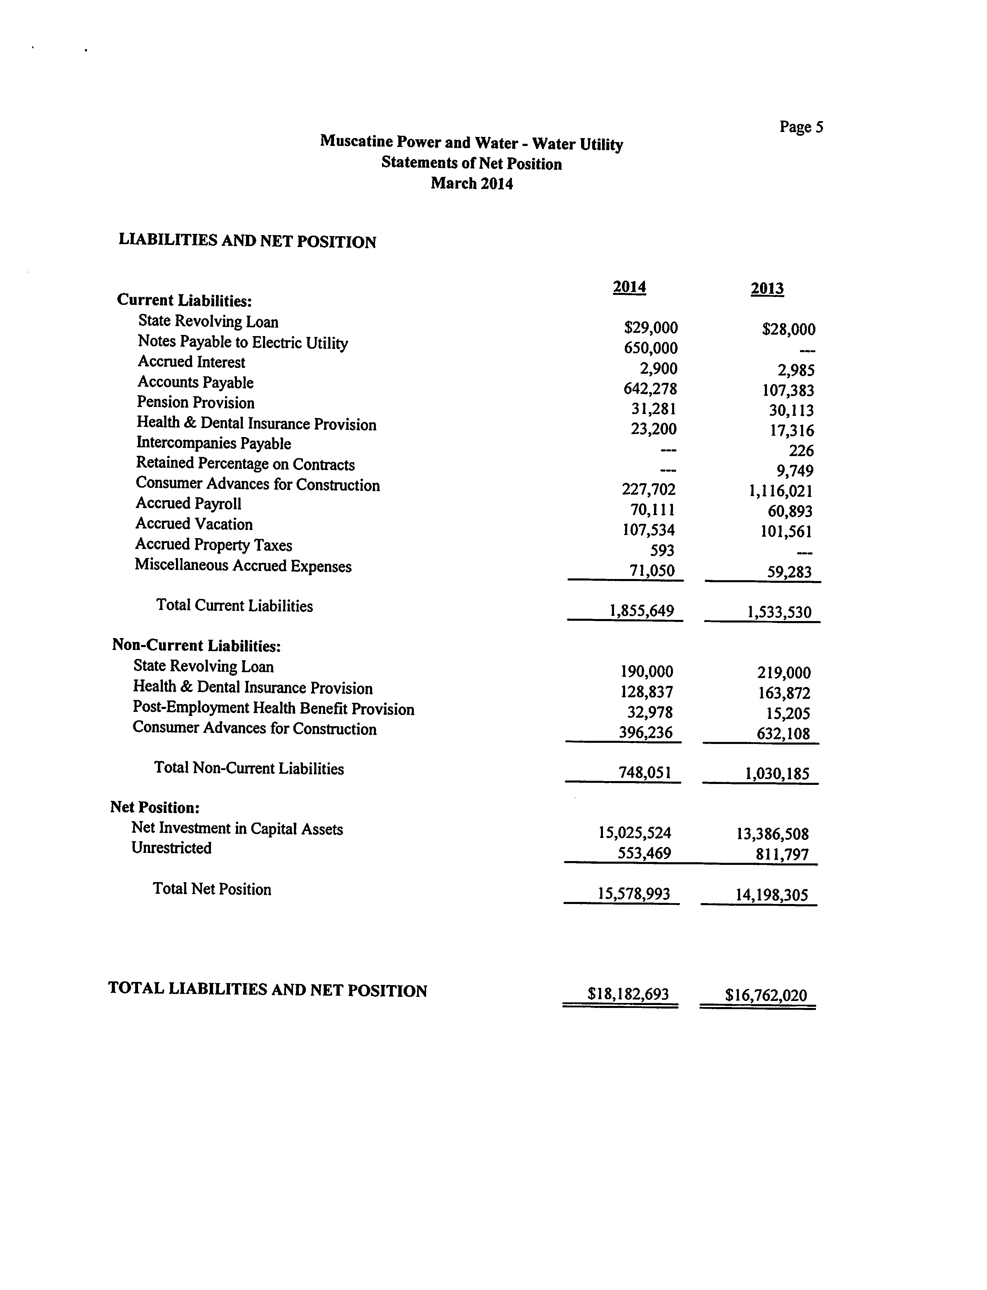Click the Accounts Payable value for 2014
(x=650, y=389)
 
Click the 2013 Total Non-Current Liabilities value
(x=777, y=774)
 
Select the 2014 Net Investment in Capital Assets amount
(x=634, y=833)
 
